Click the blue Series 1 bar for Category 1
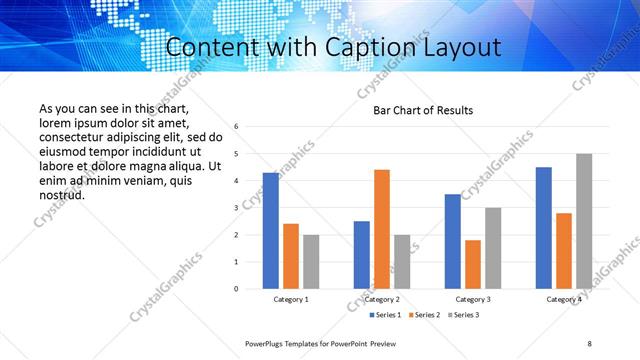[x=271, y=231]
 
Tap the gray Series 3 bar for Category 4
[x=584, y=221]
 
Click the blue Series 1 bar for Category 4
[x=544, y=228]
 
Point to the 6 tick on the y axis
[x=236, y=127]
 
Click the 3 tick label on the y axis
[x=236, y=208]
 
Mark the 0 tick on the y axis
[x=236, y=289]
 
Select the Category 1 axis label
[x=291, y=299]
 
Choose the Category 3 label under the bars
[x=473, y=299]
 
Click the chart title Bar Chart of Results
[x=423, y=110]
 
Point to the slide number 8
[x=589, y=343]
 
